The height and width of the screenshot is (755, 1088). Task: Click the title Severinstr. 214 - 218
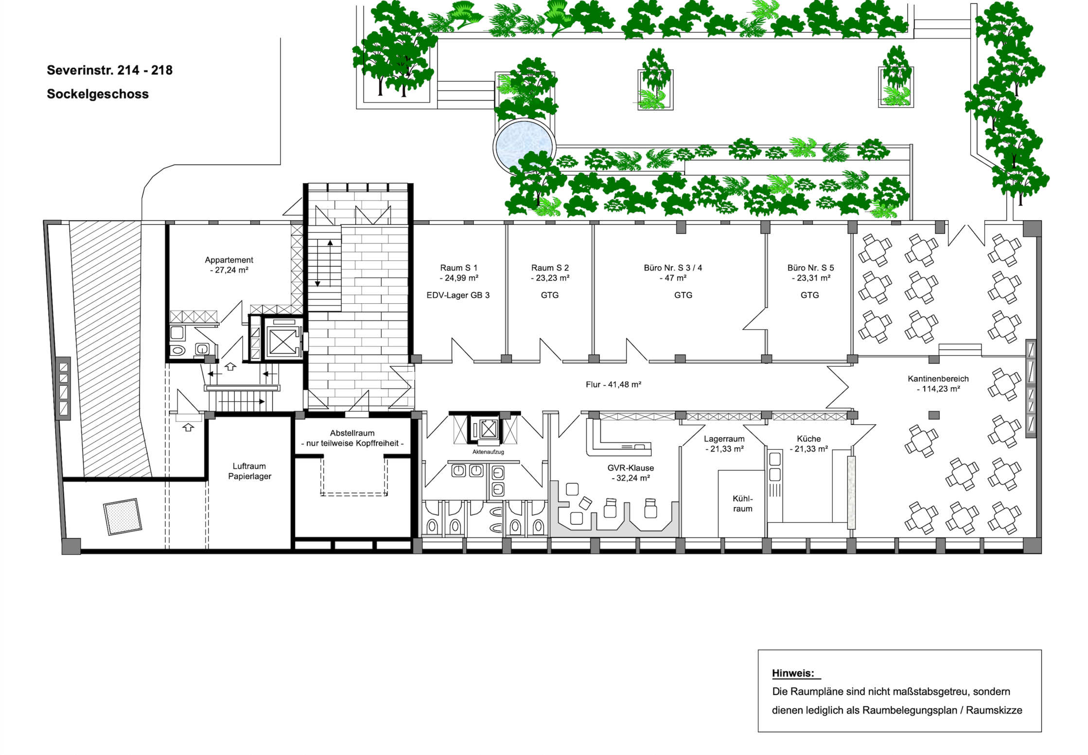point(109,70)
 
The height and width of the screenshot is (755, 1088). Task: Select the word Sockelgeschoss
point(98,94)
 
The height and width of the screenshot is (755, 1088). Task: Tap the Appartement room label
point(229,260)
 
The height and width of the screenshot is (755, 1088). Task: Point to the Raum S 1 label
point(459,268)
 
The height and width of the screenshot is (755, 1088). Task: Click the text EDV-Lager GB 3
point(458,295)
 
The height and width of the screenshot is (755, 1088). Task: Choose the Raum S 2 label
point(550,268)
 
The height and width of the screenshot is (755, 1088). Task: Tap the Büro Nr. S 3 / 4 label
point(673,268)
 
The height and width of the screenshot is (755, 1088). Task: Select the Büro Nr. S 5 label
point(810,268)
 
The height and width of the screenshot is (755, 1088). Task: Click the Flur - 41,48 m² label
point(614,384)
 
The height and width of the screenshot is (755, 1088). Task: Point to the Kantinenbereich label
point(938,378)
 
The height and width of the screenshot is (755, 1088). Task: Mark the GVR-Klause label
point(631,468)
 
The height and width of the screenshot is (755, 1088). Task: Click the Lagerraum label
point(724,439)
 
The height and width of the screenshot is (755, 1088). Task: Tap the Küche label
point(809,439)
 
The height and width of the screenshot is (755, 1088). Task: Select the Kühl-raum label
point(743,504)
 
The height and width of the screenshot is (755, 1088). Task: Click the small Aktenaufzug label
point(488,452)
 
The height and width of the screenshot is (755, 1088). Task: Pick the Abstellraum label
point(352,433)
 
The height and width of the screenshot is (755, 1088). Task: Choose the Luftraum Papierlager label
point(249,471)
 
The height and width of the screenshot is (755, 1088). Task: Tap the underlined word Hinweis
point(793,673)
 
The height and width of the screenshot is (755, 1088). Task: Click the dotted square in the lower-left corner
point(123,516)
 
